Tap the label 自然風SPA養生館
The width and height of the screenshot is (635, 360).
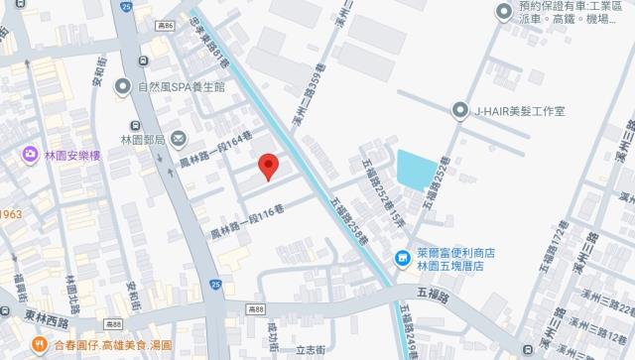pos(186,86)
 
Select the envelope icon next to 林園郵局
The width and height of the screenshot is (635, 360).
pos(179,139)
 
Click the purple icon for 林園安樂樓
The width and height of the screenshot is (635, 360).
pos(27,156)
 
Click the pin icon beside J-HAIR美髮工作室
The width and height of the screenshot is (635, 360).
pos(459,110)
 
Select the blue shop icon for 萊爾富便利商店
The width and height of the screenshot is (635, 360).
pos(402,261)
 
